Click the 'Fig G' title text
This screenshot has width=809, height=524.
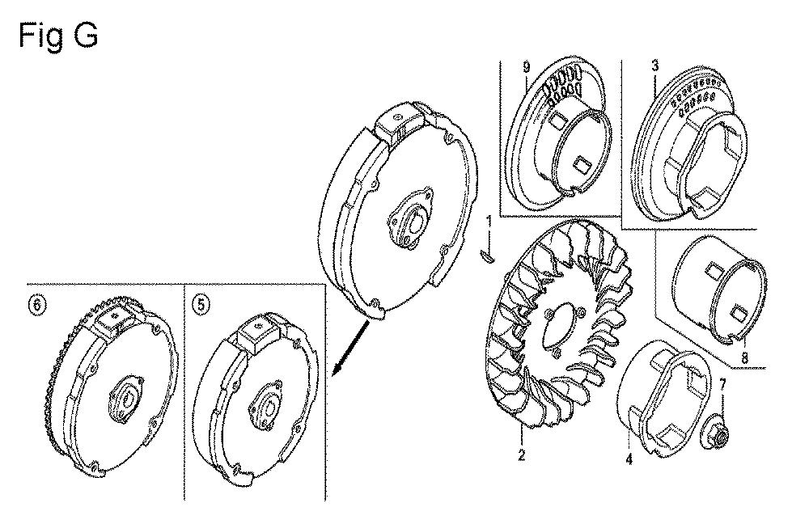(x=57, y=36)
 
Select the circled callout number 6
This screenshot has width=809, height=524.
(x=36, y=305)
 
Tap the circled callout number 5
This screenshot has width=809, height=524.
(x=201, y=304)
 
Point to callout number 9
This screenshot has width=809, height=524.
(x=526, y=66)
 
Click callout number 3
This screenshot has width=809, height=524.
(x=654, y=65)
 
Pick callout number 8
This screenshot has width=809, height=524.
(x=744, y=357)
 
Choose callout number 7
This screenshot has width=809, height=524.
(x=722, y=384)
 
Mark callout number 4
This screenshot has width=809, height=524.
(x=629, y=458)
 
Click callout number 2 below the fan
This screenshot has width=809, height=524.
(x=521, y=455)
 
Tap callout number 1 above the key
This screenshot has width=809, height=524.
(x=489, y=222)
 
